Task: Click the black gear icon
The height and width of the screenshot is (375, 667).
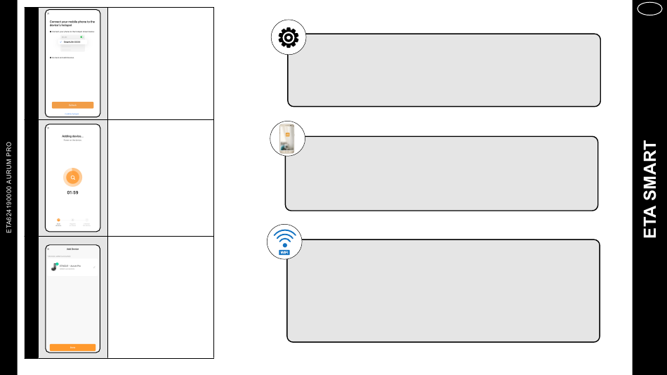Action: coord(289,37)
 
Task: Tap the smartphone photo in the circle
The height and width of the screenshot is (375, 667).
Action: coord(287,138)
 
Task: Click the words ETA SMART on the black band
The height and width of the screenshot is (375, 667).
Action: coord(650,190)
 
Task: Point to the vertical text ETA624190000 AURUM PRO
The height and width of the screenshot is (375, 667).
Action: coord(9,187)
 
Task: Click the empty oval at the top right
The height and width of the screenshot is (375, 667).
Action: coord(649,9)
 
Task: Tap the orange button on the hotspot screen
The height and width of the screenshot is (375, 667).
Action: coord(72,105)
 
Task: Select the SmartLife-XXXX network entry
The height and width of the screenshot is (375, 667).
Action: coord(72,42)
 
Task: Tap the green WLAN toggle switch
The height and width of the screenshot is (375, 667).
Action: coord(81,37)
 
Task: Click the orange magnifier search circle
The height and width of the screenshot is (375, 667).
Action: coord(72,178)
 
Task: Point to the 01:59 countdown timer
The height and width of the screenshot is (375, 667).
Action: coord(72,192)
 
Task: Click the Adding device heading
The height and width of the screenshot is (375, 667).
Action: coord(72,136)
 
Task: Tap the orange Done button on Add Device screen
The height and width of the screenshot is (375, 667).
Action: coord(72,347)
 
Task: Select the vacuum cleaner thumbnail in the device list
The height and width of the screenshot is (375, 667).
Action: coord(54,267)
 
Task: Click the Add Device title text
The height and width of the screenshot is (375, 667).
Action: coord(72,249)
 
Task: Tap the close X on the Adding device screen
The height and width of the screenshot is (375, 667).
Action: coord(48,128)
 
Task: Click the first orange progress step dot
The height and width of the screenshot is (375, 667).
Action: coord(58,220)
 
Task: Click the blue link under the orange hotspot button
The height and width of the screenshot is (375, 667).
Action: coord(72,113)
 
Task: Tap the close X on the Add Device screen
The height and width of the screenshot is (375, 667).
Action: coord(48,249)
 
